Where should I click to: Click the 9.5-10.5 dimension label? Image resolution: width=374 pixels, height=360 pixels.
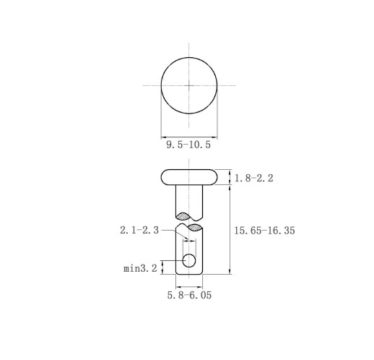[188, 145]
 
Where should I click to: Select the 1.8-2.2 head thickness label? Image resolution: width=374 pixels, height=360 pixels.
[254, 179]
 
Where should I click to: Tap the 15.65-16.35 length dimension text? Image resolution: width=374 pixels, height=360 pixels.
[264, 231]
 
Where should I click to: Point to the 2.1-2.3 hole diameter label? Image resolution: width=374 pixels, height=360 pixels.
[139, 230]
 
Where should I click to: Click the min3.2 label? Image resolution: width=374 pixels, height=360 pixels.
[140, 268]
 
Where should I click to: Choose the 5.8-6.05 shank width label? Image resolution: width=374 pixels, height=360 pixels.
[189, 295]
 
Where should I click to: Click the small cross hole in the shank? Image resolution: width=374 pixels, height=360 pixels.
[189, 260]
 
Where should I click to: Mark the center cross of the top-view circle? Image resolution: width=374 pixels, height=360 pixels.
[189, 85]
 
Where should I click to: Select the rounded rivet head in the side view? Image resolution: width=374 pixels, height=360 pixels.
[189, 177]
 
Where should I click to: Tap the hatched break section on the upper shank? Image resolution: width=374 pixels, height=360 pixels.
[183, 216]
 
